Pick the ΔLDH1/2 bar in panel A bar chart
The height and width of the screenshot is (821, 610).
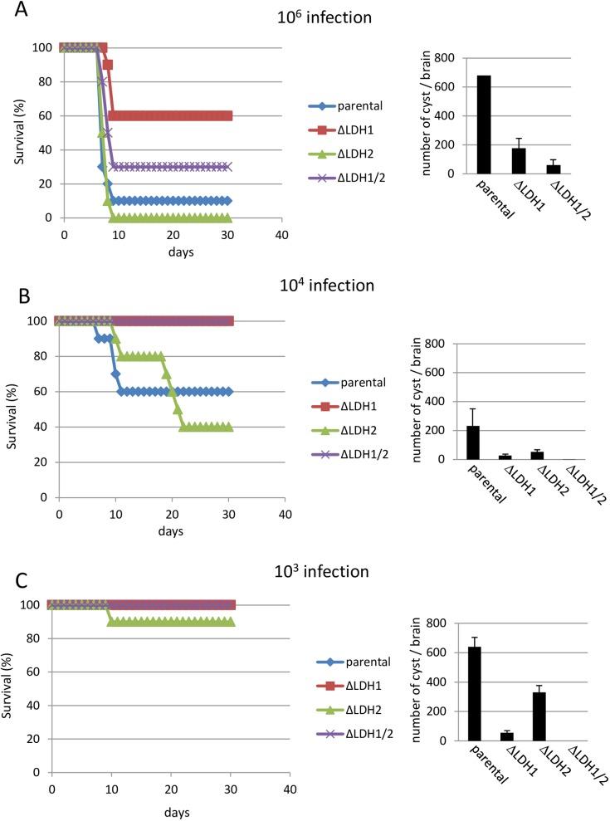[x=554, y=169]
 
